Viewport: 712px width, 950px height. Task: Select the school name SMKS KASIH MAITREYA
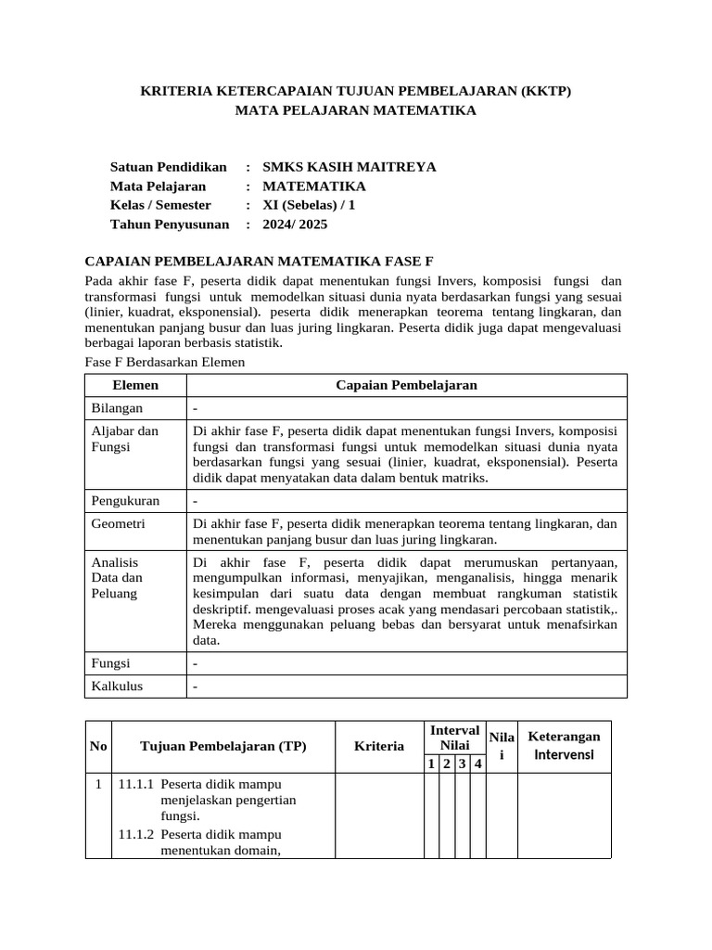[x=350, y=167]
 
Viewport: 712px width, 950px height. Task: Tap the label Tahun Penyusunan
[x=170, y=224]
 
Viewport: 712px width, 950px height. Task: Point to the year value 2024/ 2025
[x=295, y=224]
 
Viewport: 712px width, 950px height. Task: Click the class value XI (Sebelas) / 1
[x=309, y=205]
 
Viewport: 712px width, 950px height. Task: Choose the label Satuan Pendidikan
[x=169, y=167]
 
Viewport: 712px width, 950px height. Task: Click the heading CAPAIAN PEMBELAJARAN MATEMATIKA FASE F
[x=260, y=261]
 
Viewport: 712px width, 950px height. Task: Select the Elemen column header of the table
[x=135, y=385]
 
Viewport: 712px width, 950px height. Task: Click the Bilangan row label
[x=116, y=408]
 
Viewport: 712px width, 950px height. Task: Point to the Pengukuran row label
[x=125, y=501]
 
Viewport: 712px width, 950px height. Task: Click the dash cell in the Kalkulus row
[x=196, y=687]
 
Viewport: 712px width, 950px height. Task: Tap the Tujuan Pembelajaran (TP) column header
[x=222, y=746]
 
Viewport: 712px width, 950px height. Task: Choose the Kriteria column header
[x=379, y=746]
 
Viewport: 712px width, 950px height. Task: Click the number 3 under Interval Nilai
[x=462, y=764]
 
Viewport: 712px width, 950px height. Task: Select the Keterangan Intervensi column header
[x=564, y=745]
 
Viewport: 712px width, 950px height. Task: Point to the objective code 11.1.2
[x=136, y=834]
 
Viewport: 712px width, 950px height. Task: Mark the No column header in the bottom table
[x=98, y=746]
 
